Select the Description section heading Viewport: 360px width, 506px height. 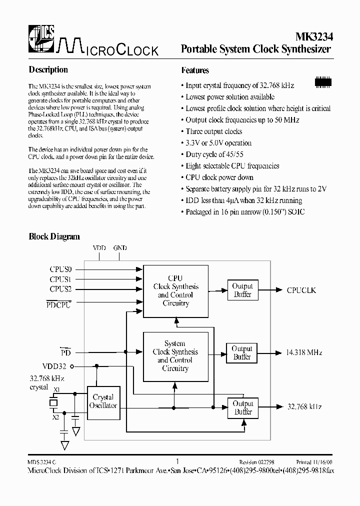click(x=48, y=70)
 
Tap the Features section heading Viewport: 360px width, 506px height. click(x=195, y=70)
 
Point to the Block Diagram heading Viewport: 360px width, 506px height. click(x=54, y=236)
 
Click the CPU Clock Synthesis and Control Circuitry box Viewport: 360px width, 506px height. click(x=175, y=290)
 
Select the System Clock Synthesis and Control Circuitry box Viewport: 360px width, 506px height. click(x=175, y=355)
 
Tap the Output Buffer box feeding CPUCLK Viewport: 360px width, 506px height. click(x=242, y=290)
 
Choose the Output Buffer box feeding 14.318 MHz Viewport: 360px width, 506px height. click(x=242, y=352)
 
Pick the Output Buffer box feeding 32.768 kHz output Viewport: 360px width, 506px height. click(x=243, y=407)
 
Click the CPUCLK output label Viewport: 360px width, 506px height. click(x=301, y=290)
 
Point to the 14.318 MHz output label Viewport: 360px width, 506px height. click(x=304, y=352)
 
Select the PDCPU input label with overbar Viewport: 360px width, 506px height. click(x=58, y=304)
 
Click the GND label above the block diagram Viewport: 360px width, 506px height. click(x=120, y=248)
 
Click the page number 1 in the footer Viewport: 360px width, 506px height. click(x=177, y=461)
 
